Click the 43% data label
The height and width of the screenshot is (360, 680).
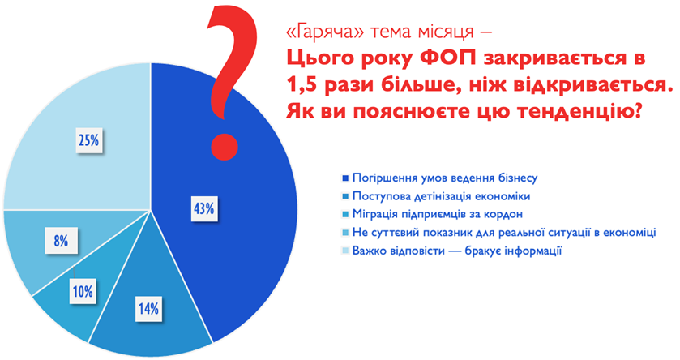203,208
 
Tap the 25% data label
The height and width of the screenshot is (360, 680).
89,140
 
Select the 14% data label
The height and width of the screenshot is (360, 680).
148,308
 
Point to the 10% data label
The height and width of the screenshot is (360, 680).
83,291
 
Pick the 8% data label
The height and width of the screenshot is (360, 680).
61,241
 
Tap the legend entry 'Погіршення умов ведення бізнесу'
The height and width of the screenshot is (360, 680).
445,178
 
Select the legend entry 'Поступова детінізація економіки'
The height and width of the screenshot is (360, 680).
442,196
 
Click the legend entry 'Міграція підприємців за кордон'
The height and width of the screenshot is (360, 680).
438,214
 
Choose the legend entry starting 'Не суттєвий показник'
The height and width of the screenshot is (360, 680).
504,233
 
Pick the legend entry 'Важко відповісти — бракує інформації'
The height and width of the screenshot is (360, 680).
457,251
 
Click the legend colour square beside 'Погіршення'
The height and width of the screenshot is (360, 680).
345,178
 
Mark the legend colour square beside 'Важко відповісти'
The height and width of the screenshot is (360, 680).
345,251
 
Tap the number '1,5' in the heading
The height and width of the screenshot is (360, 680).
302,85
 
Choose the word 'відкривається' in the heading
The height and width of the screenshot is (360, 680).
590,85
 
